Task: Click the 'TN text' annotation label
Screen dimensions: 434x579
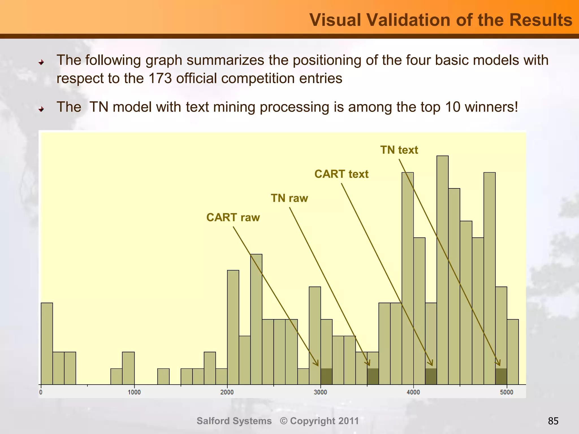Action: [399, 150]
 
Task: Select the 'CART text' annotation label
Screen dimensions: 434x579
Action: [341, 174]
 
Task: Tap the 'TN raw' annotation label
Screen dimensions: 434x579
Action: [289, 198]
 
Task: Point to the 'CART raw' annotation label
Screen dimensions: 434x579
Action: [233, 218]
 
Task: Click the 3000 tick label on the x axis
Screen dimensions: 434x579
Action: [320, 392]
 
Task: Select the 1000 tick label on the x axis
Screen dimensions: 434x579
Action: [134, 392]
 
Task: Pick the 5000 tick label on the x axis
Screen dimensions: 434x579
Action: [506, 392]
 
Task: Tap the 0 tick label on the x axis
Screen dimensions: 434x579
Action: [41, 392]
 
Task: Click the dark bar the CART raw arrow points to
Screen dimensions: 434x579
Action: [326, 376]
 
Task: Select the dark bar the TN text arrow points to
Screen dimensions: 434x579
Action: [501, 376]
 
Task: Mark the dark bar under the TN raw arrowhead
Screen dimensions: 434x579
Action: [373, 376]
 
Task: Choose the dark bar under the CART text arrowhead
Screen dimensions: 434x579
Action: [431, 376]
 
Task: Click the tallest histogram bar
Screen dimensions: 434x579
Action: [442, 268]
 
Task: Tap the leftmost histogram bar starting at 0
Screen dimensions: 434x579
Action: [47, 343]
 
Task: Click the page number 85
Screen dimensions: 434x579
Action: [553, 421]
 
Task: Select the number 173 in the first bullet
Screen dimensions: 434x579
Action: [159, 78]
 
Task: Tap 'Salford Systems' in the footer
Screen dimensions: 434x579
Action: [234, 421]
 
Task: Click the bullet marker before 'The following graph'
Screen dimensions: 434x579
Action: [41, 62]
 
